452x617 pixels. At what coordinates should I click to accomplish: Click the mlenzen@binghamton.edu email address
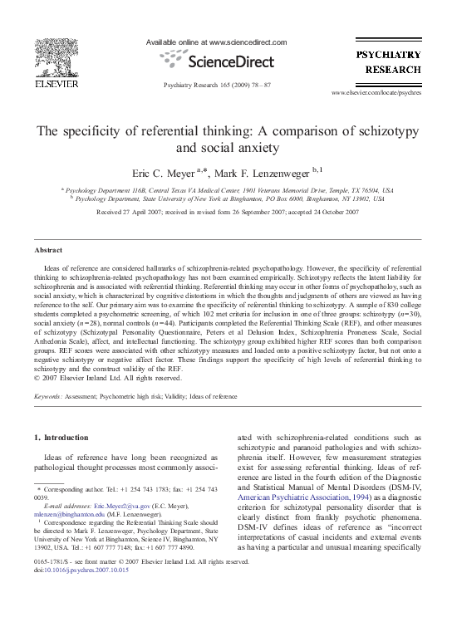64,515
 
